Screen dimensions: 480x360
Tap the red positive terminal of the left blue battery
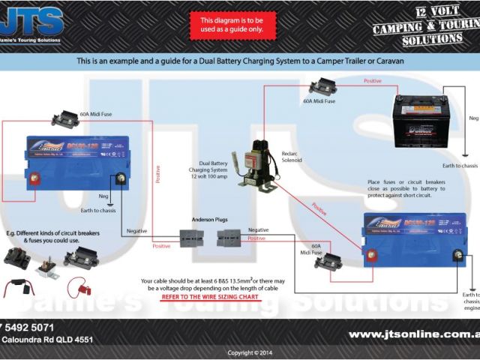(x=34, y=179)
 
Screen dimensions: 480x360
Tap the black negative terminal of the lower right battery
(x=456, y=256)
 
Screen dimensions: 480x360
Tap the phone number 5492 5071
(x=29, y=328)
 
